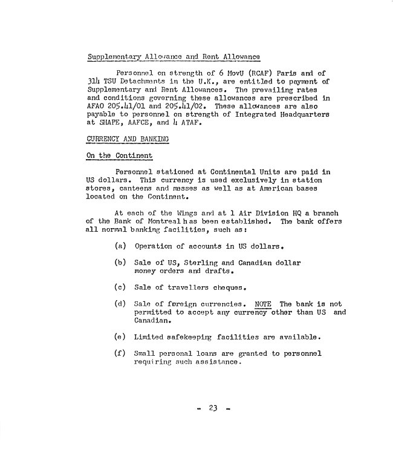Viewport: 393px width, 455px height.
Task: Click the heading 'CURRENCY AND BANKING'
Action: [x=128, y=139]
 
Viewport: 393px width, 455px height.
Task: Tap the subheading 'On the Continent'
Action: [x=118, y=155]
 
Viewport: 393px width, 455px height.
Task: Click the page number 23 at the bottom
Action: [x=213, y=408]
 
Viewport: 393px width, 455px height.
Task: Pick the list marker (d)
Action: [x=120, y=303]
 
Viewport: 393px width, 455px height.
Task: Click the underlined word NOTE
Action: [x=264, y=303]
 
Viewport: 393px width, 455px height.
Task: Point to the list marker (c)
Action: [x=120, y=287]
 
